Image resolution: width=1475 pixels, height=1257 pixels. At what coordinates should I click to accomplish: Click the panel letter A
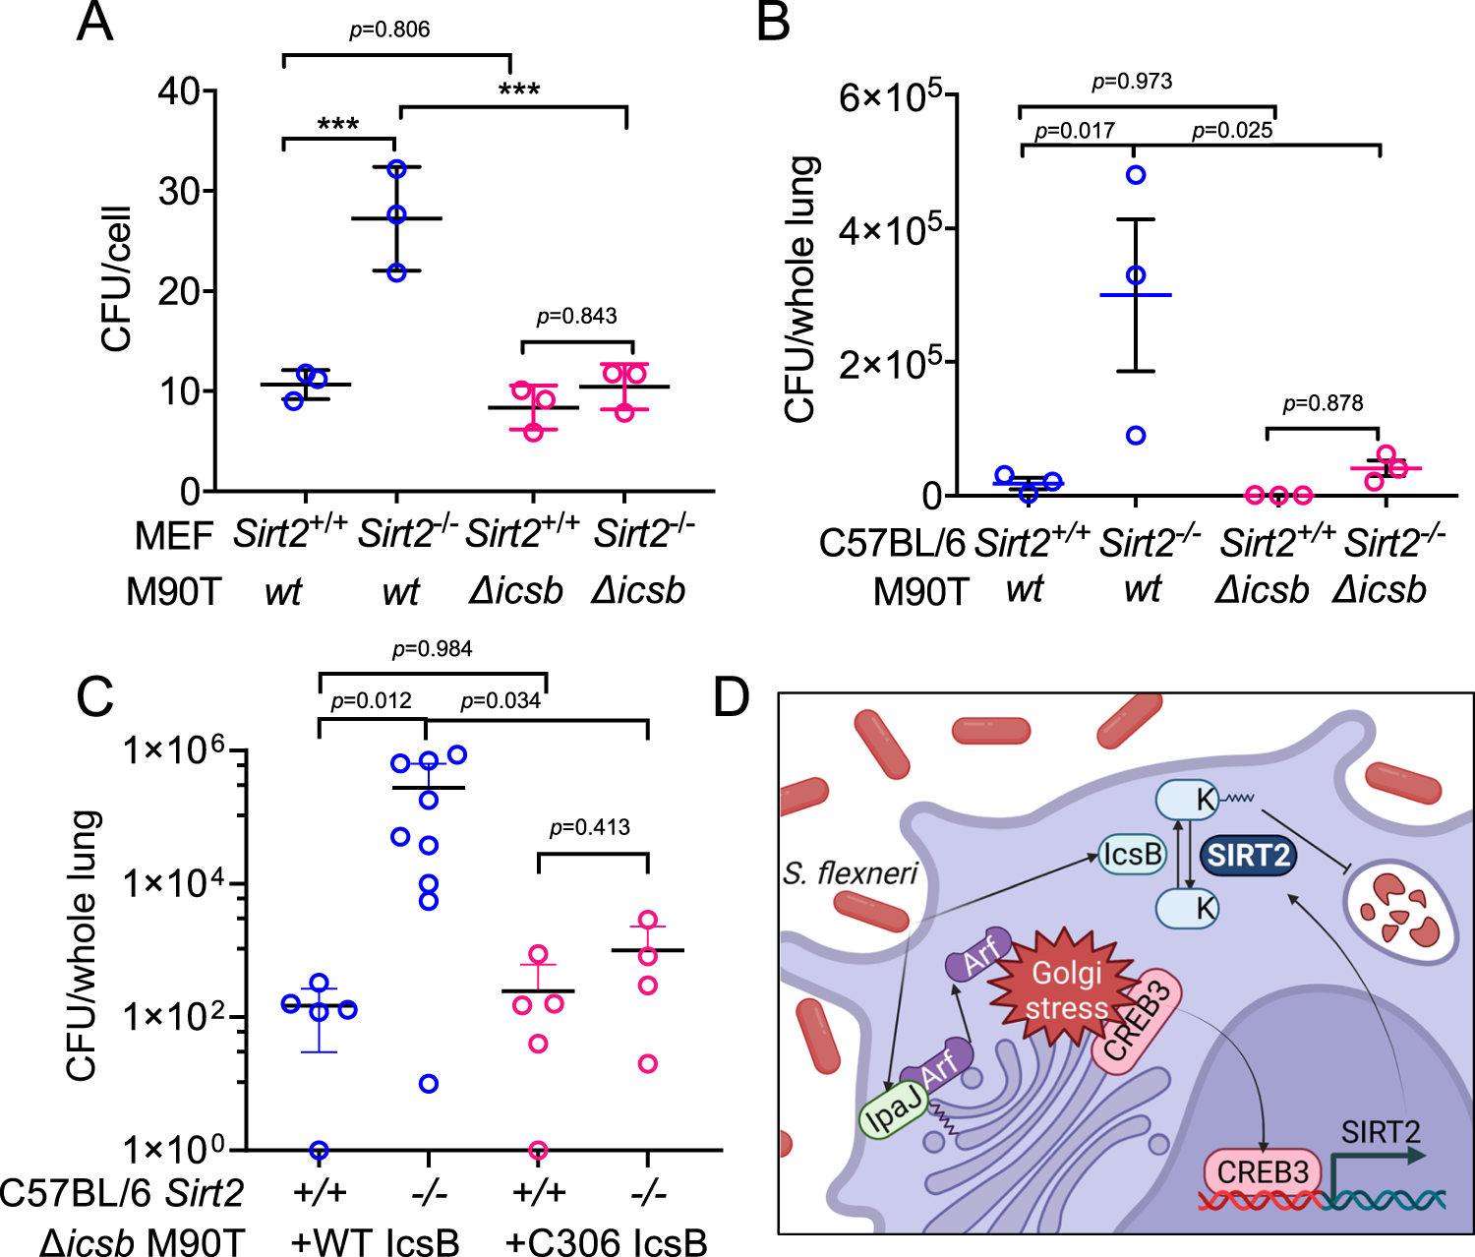point(94,22)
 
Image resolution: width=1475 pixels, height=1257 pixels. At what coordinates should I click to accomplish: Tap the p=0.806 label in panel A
point(390,30)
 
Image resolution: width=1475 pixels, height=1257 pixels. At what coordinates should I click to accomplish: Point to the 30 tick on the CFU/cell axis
point(180,191)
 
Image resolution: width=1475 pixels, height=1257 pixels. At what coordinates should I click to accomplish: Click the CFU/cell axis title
point(117,278)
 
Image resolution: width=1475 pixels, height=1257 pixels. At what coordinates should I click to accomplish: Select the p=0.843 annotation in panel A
point(577,316)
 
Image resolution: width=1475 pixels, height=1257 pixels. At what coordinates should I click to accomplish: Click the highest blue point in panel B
point(1136,175)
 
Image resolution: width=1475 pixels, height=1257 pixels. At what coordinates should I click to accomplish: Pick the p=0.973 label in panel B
point(1132,81)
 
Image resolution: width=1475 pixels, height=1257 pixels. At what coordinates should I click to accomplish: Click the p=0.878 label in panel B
point(1323,403)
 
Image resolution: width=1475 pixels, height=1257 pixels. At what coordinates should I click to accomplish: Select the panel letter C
point(95,698)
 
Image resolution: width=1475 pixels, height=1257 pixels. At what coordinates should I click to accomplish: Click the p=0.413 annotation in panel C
point(590,827)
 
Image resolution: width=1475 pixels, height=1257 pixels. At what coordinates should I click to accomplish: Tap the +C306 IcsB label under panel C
point(606,1241)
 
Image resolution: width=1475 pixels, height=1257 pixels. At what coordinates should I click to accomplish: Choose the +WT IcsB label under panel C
point(376,1241)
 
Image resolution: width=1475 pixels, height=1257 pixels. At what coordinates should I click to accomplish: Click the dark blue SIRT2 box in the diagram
point(1249,856)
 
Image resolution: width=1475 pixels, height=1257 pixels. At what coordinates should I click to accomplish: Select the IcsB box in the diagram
point(1132,854)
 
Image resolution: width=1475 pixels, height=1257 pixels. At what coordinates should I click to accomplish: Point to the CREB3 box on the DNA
point(1263,1172)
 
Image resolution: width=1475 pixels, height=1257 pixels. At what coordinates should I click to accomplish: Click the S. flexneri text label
point(851,872)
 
